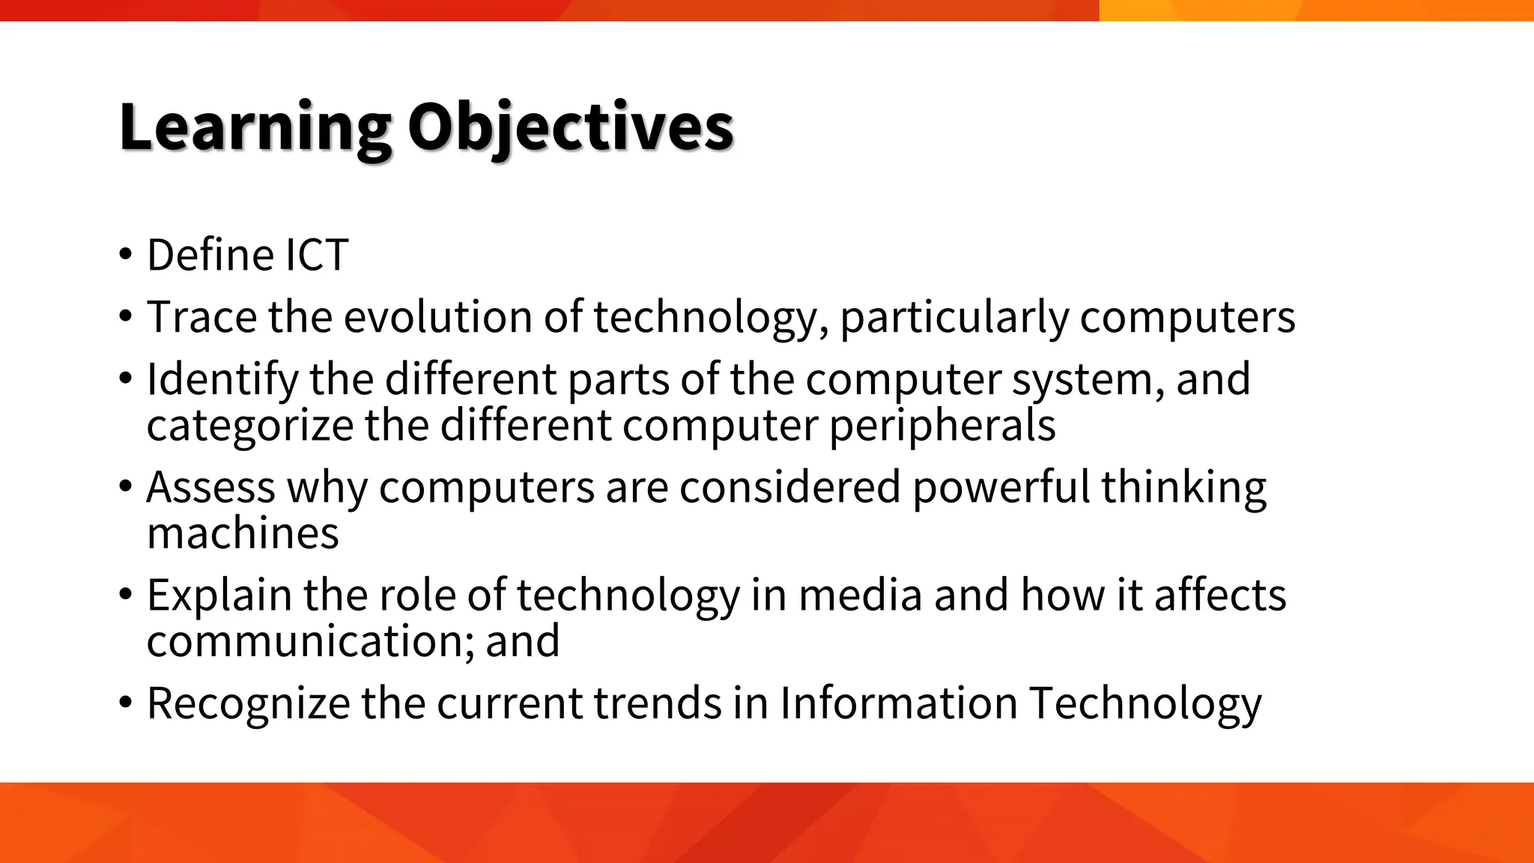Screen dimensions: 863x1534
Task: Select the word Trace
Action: coord(201,317)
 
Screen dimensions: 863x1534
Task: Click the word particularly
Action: coord(954,317)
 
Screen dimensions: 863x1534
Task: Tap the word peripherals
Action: coord(942,426)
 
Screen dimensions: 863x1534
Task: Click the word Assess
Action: coord(210,487)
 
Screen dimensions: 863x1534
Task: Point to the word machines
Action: coord(243,533)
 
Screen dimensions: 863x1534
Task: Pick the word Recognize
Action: coord(248,703)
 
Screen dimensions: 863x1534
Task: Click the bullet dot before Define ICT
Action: coord(125,256)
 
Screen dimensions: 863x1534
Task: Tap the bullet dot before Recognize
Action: coord(125,704)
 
